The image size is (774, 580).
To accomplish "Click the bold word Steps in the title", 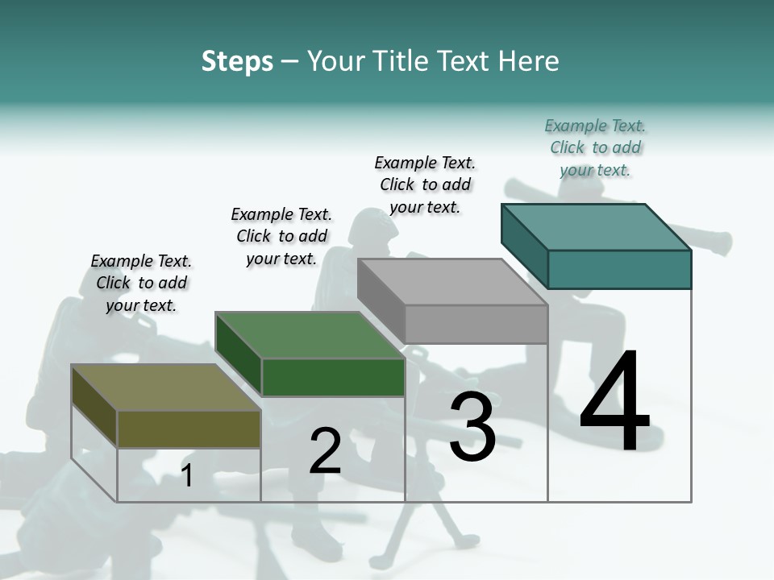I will (x=237, y=61).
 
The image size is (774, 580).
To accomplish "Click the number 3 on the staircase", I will (x=472, y=427).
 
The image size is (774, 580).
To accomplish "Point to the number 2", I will (x=325, y=451).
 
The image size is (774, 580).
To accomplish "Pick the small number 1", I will (x=187, y=475).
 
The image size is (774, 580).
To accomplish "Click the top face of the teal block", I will (x=595, y=227).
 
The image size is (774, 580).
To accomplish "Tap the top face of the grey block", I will (x=451, y=282).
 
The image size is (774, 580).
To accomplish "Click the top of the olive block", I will (x=165, y=387).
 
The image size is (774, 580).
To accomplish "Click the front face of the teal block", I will (x=619, y=269).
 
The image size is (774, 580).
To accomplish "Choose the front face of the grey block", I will (x=476, y=324).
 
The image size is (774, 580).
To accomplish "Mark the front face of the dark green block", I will (x=333, y=377).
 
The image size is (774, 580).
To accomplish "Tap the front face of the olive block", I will (x=189, y=429).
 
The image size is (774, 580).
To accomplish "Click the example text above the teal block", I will (x=595, y=147).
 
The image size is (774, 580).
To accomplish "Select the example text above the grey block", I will (x=425, y=184).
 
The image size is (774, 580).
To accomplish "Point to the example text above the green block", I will (x=281, y=236).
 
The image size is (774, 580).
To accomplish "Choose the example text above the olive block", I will (x=141, y=283).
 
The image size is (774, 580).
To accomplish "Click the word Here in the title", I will (x=531, y=61).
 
